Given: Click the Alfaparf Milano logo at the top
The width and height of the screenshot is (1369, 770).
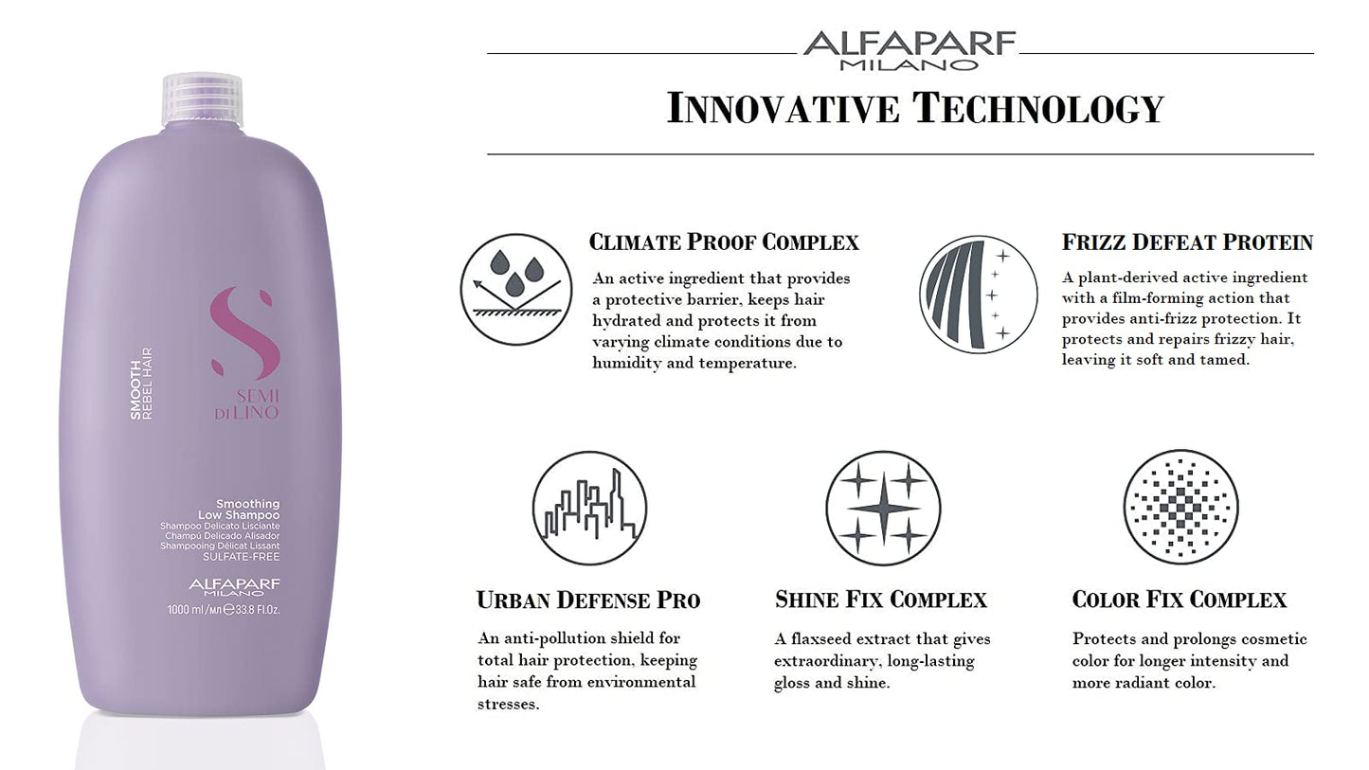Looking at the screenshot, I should point(909,50).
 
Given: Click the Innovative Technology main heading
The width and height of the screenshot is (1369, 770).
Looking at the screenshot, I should point(914,107).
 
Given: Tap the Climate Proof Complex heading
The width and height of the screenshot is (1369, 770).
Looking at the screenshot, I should point(724,242).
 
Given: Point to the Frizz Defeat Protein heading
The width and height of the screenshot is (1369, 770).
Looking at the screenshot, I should point(1187,242).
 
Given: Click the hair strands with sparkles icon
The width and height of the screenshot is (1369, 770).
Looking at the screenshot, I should point(978,294).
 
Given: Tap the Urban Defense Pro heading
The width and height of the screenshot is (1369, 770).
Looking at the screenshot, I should point(588,600).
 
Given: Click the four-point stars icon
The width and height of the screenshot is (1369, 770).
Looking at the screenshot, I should point(883,508).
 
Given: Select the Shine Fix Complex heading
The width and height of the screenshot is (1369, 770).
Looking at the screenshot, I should point(881,600).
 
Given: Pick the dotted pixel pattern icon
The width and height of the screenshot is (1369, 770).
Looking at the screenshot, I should point(1180,508).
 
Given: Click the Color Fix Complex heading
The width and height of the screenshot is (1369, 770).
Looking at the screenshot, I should point(1180,600).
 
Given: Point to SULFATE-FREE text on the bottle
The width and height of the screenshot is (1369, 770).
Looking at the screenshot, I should point(249,557).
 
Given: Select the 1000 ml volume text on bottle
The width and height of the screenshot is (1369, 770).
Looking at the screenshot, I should point(224,610).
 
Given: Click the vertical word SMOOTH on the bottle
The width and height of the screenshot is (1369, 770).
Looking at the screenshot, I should point(135,389).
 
